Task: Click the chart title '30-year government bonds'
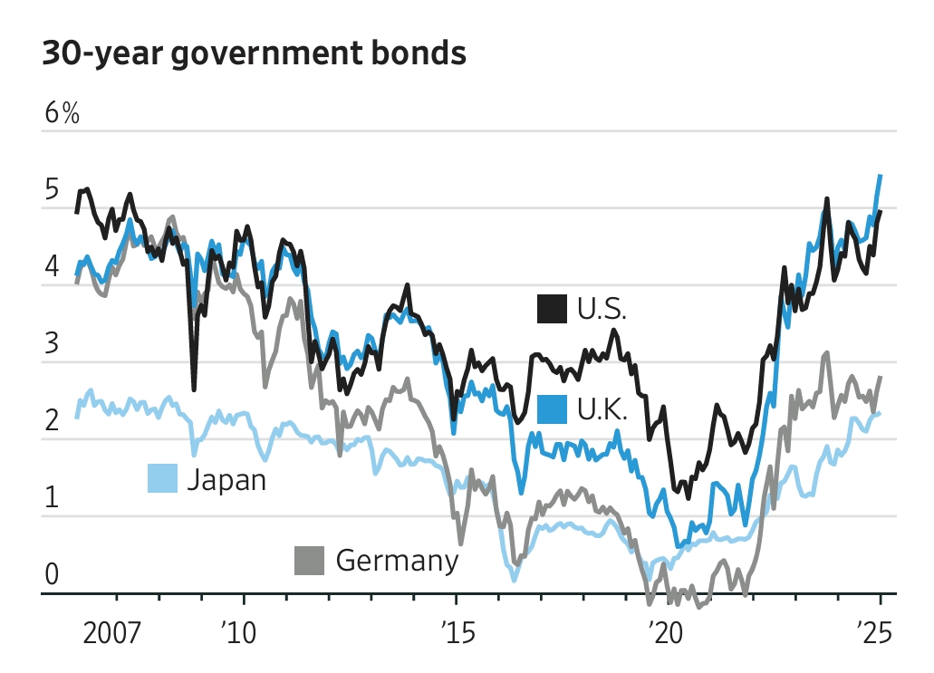click(x=254, y=54)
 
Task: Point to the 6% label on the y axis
click(x=62, y=114)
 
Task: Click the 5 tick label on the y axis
click(x=52, y=191)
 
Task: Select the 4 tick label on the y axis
click(x=52, y=268)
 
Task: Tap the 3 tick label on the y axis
click(x=52, y=344)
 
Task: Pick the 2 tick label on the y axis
click(x=52, y=421)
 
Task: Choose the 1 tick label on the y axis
click(x=52, y=498)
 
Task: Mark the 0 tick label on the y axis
click(x=52, y=575)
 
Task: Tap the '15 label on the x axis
click(x=455, y=631)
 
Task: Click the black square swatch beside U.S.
click(x=552, y=309)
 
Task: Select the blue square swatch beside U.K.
click(x=552, y=409)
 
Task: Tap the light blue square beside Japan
click(x=162, y=478)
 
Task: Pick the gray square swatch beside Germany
click(x=310, y=561)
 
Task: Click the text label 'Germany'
click(x=397, y=561)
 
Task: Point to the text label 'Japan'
click(x=226, y=478)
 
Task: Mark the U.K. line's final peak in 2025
click(x=881, y=176)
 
